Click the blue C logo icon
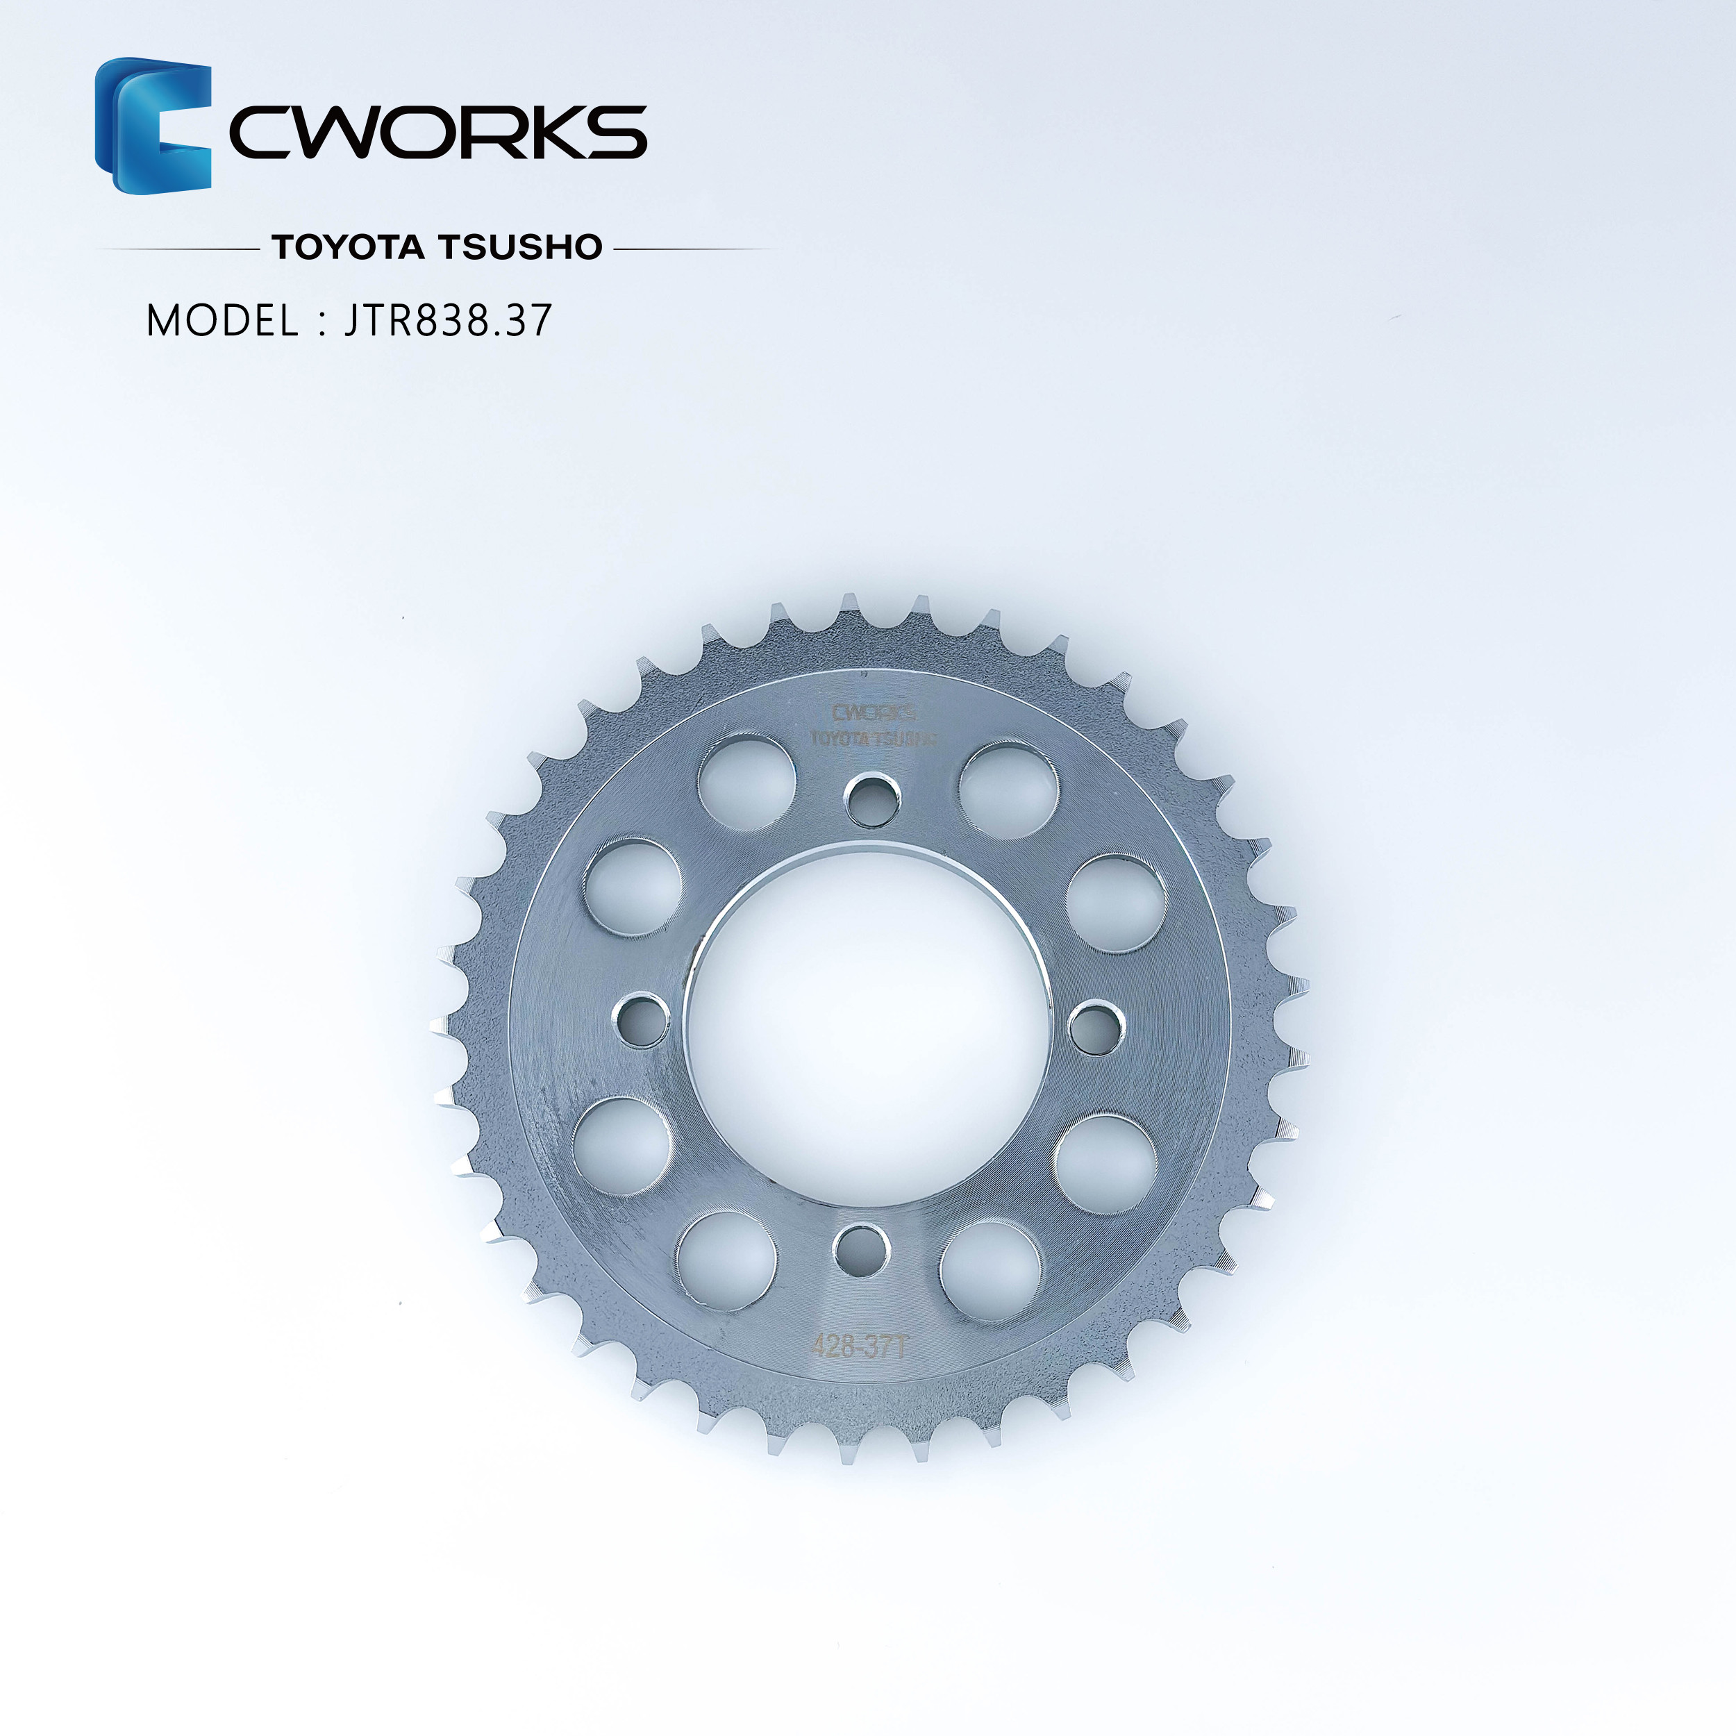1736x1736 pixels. coord(153,125)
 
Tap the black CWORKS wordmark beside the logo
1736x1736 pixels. coord(438,132)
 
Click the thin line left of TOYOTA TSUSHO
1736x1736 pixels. coord(178,248)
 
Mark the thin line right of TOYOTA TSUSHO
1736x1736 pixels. coord(696,248)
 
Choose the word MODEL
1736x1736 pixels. coord(222,321)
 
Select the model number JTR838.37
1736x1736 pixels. coord(447,321)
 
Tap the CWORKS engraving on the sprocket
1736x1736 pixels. coord(874,713)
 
